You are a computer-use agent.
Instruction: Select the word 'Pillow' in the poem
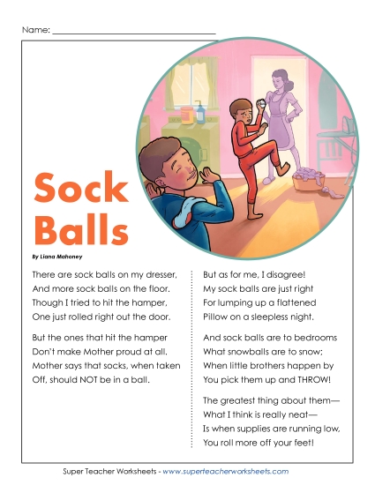coord(217,316)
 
